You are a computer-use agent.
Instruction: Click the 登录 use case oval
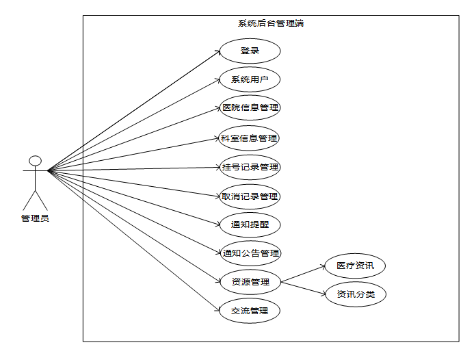tap(250, 51)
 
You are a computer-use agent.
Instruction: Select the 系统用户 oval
tap(250, 79)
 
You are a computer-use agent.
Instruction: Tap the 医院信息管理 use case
tap(250, 108)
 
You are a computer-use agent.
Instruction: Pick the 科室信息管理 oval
tap(250, 138)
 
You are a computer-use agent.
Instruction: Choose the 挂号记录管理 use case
tap(250, 167)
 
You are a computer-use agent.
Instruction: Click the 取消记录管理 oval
tap(250, 196)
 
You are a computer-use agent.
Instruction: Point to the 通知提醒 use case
tap(250, 224)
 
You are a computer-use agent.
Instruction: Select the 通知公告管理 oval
tap(250, 253)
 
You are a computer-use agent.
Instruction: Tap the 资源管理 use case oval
tap(250, 281)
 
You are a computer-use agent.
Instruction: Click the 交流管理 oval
tap(250, 311)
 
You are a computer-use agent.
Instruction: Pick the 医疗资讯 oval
tap(355, 266)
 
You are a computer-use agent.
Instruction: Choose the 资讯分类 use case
tap(355, 295)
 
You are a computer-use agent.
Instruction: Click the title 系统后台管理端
tap(271, 23)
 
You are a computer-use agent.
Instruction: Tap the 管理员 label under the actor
tap(35, 218)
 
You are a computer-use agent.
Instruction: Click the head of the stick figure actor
tap(35, 161)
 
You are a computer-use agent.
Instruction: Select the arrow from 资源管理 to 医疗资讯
tap(304, 274)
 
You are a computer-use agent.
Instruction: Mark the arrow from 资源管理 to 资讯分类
tap(304, 288)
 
